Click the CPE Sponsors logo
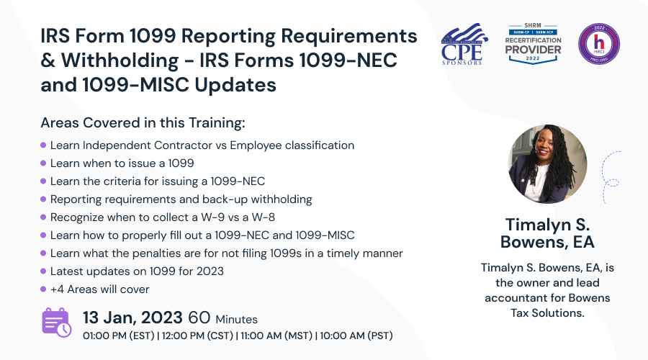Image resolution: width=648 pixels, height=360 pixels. click(x=464, y=44)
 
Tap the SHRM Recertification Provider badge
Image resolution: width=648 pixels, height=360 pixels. click(x=533, y=44)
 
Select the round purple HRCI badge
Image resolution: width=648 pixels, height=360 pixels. click(x=599, y=44)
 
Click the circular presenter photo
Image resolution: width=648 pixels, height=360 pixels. click(x=548, y=163)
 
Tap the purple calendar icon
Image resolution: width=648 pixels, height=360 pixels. click(x=57, y=323)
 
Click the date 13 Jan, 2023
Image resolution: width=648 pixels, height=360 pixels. click(x=132, y=318)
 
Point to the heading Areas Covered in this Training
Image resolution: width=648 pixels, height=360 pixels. click(x=143, y=122)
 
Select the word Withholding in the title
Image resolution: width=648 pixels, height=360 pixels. click(x=120, y=60)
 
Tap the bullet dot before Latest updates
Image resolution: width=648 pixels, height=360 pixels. click(x=43, y=271)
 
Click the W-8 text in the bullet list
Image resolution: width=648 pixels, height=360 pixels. click(x=264, y=217)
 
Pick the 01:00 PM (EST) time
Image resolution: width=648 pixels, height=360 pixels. click(x=119, y=336)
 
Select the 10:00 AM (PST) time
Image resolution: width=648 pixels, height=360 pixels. click(x=356, y=336)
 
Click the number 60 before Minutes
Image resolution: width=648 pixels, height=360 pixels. click(x=199, y=318)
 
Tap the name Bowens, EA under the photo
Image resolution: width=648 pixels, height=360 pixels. click(x=547, y=242)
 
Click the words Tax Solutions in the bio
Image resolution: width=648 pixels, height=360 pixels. click(x=547, y=313)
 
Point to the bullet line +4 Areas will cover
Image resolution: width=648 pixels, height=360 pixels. click(x=99, y=289)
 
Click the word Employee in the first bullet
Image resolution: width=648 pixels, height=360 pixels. click(x=256, y=145)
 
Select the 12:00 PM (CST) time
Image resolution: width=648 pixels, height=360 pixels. click(x=197, y=336)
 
